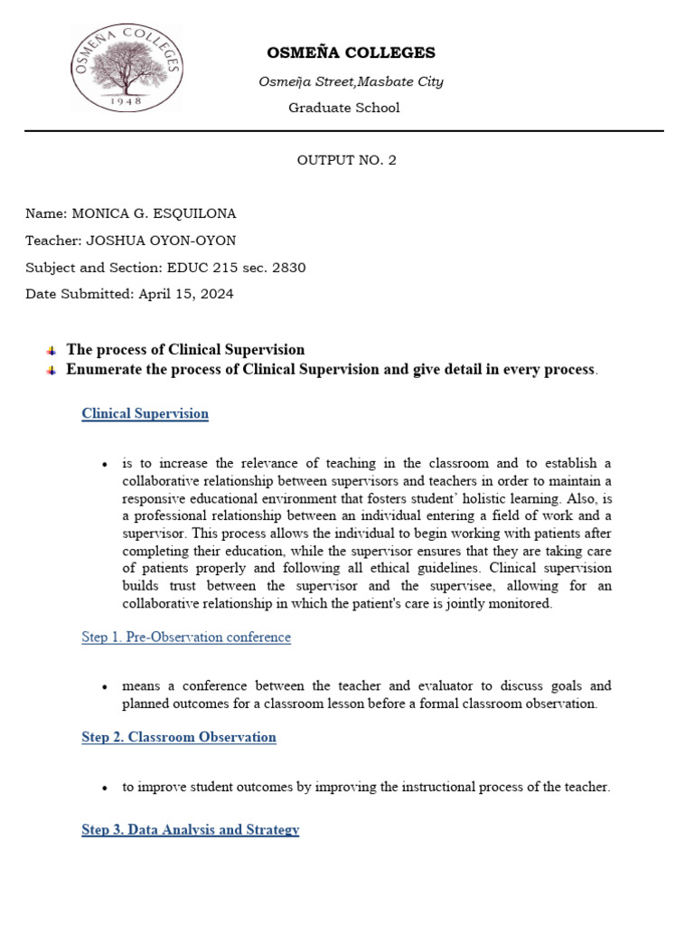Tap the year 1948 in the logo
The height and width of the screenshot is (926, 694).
click(x=127, y=101)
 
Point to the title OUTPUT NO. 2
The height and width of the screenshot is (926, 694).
click(x=347, y=160)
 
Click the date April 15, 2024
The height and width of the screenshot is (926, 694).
click(x=189, y=294)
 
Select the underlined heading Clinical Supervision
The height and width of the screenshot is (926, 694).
click(x=145, y=414)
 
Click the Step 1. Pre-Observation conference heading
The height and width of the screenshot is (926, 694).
click(x=186, y=638)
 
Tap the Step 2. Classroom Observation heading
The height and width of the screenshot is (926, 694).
click(x=179, y=737)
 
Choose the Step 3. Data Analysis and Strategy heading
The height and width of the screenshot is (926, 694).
click(x=190, y=829)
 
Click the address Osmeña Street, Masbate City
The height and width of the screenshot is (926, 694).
click(x=351, y=82)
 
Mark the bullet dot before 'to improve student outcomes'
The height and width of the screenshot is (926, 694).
click(x=106, y=788)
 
